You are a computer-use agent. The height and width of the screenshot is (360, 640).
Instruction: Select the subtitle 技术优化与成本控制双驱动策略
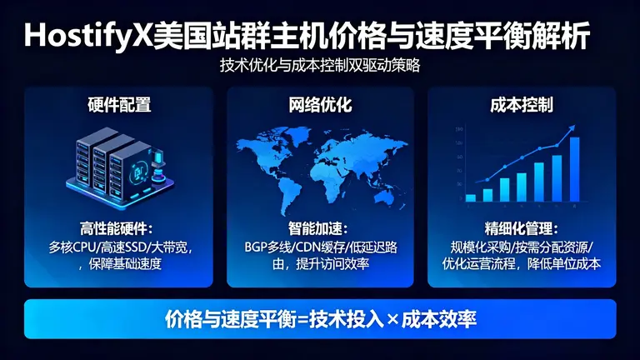click(x=320, y=66)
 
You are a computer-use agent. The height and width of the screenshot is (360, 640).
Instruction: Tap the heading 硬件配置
click(x=119, y=105)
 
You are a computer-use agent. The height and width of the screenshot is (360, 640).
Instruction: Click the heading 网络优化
click(x=320, y=105)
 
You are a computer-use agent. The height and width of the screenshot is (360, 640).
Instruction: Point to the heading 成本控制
click(x=522, y=105)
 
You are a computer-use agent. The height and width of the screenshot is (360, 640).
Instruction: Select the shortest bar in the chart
click(x=470, y=197)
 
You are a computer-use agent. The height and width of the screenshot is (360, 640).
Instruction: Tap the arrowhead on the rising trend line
click(x=572, y=128)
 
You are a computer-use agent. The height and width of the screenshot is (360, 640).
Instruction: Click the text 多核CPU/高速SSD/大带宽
click(x=119, y=247)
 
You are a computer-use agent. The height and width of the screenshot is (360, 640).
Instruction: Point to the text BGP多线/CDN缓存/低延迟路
click(x=320, y=247)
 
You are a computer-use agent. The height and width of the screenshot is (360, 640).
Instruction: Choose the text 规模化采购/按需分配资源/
click(x=522, y=247)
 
